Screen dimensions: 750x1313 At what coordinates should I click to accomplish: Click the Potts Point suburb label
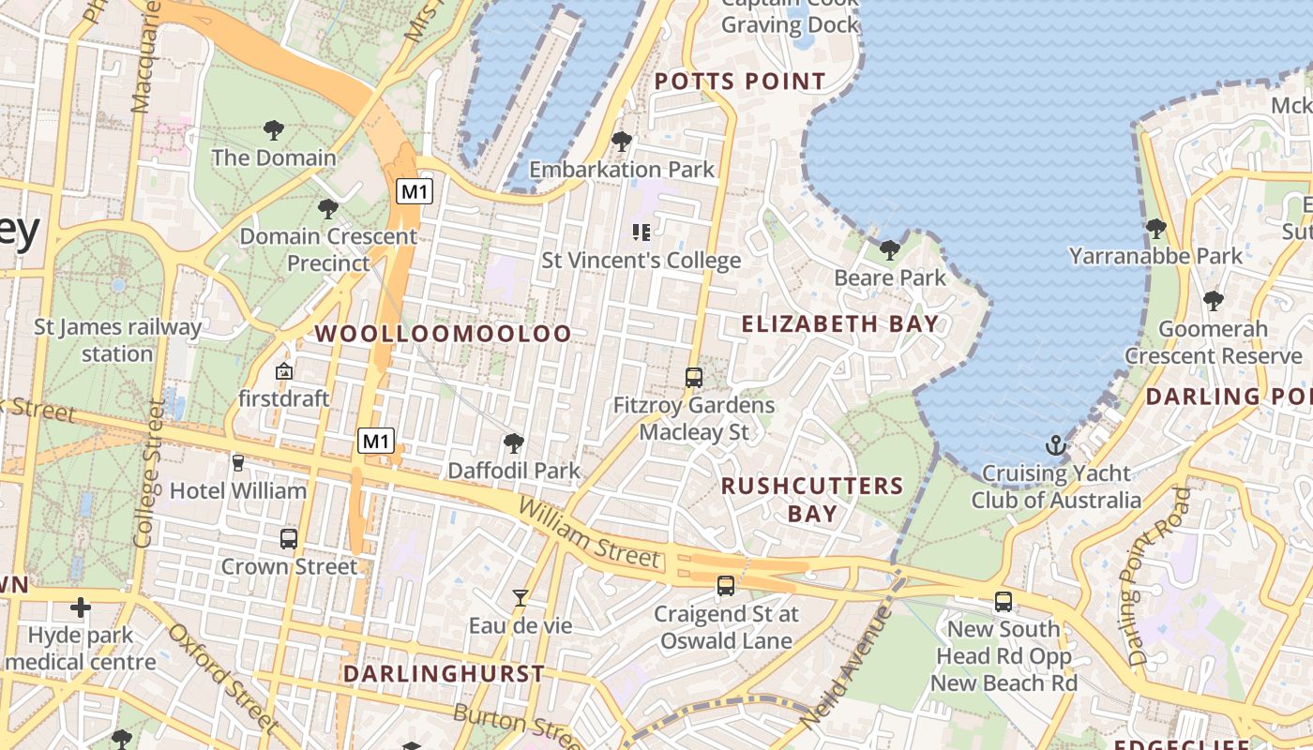740,82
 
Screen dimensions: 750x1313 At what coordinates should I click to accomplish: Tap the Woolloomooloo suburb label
443,334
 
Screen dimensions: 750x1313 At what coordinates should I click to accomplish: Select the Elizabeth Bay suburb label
840,324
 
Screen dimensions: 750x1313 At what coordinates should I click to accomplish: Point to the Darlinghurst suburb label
444,674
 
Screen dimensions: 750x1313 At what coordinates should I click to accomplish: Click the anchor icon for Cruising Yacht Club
1057,444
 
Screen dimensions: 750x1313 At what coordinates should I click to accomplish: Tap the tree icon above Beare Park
889,250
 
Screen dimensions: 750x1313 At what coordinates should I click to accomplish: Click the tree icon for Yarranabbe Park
1155,228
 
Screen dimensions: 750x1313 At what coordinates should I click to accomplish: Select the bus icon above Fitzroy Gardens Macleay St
694,378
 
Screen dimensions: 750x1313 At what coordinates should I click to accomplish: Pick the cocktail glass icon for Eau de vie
521,597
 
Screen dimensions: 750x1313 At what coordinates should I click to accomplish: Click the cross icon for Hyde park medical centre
81,607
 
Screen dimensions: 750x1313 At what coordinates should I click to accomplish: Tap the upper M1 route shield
414,192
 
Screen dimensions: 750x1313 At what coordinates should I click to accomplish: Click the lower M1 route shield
376,441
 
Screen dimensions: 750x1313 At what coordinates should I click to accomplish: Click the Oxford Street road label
222,677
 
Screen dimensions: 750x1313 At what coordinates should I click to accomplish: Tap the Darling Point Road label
1159,577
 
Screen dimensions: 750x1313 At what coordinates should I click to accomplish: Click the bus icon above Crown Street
289,539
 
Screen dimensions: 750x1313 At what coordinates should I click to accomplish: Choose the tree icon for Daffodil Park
513,443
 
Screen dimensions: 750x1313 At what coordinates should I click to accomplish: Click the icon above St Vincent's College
641,232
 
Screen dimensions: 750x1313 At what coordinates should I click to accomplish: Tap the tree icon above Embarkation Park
621,142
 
